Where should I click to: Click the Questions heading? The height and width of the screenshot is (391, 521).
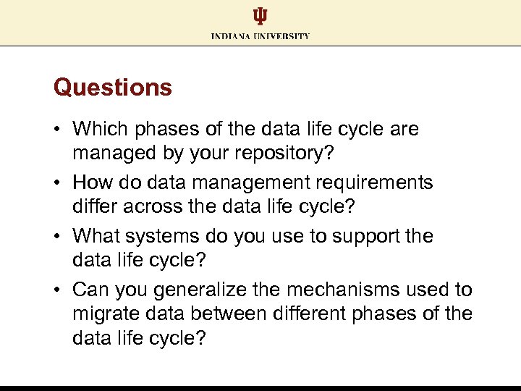113,88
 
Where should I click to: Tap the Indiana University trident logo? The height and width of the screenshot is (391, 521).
260,17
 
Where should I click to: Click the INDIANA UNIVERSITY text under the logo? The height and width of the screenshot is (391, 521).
260,35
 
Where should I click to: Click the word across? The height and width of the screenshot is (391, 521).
153,206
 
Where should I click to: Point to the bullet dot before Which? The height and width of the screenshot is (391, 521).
58,130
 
